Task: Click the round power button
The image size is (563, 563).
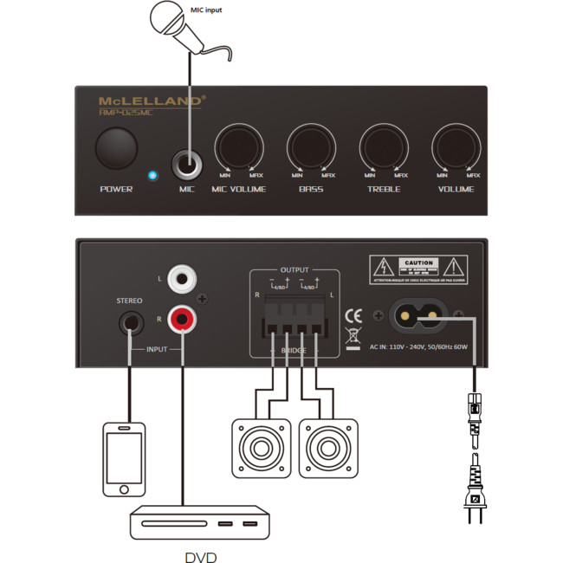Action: pyautogui.click(x=116, y=148)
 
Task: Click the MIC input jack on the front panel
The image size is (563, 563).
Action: pyautogui.click(x=187, y=162)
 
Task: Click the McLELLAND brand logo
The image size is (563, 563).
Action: pyautogui.click(x=152, y=100)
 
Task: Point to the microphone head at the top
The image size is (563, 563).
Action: pyautogui.click(x=169, y=16)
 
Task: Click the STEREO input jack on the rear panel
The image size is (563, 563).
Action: pyautogui.click(x=130, y=325)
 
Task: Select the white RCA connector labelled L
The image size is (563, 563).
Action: pyautogui.click(x=183, y=279)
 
